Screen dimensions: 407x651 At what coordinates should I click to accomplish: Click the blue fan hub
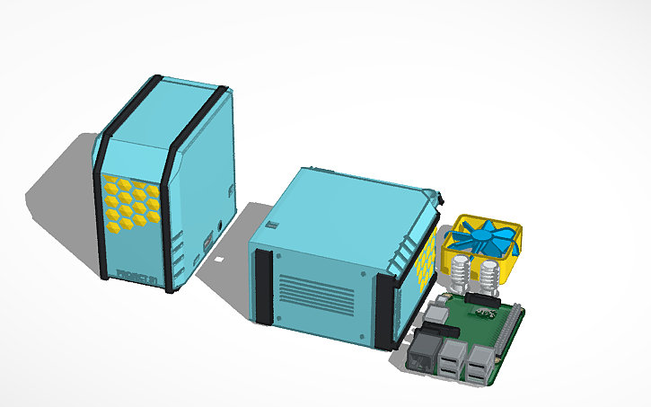[482, 238]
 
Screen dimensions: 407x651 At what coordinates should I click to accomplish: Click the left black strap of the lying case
[263, 286]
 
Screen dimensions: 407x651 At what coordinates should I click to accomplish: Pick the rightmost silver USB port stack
[479, 364]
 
